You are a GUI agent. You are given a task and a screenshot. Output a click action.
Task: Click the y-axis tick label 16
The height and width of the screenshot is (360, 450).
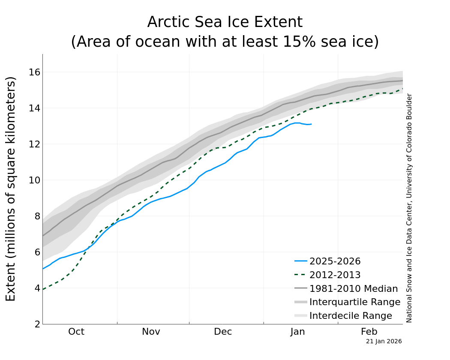pyautogui.click(x=34, y=72)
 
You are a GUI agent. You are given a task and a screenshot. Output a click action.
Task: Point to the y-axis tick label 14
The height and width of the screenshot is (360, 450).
pyautogui.click(x=34, y=108)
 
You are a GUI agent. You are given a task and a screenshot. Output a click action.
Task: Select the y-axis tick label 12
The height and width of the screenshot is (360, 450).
pyautogui.click(x=34, y=144)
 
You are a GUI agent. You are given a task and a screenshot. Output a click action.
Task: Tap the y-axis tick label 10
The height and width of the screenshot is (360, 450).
pyautogui.click(x=34, y=180)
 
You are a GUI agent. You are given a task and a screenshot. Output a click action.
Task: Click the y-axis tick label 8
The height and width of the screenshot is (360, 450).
pyautogui.click(x=37, y=216)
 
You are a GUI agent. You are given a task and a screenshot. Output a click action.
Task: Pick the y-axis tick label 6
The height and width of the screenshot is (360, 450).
pyautogui.click(x=37, y=252)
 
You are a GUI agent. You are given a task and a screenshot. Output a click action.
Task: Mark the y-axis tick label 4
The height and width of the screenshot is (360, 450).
pyautogui.click(x=37, y=288)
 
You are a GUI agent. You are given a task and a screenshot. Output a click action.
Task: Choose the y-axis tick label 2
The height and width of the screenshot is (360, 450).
pyautogui.click(x=37, y=324)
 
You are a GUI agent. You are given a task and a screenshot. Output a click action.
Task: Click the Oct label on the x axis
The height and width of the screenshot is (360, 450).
pyautogui.click(x=76, y=332)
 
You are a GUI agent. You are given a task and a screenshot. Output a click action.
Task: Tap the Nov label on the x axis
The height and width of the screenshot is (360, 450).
pyautogui.click(x=151, y=332)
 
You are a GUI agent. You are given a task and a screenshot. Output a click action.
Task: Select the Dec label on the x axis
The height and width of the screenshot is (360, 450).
pyautogui.click(x=223, y=332)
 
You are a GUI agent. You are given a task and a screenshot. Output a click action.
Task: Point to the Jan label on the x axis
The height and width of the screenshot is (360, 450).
pyautogui.click(x=297, y=332)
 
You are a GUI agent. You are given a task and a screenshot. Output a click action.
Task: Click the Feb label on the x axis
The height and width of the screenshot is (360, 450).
pyautogui.click(x=369, y=332)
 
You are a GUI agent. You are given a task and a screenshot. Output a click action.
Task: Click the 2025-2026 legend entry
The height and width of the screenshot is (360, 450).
pyautogui.click(x=335, y=261)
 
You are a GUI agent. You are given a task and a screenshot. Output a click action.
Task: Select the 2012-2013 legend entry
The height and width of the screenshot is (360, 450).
pyautogui.click(x=335, y=275)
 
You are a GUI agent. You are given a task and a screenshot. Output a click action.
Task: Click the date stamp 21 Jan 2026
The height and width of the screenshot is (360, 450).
pyautogui.click(x=384, y=342)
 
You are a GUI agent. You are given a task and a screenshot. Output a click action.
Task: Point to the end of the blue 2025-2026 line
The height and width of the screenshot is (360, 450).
pyautogui.click(x=311, y=124)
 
